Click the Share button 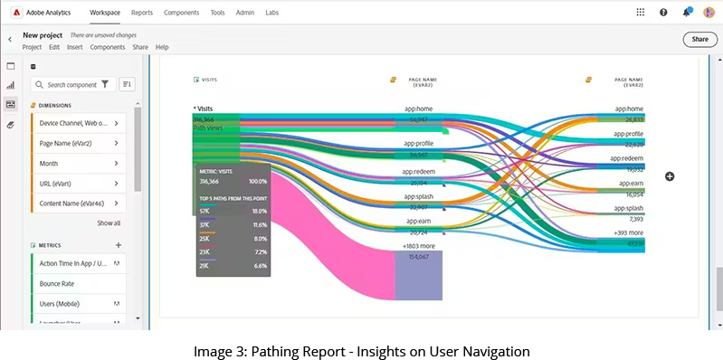click(x=699, y=39)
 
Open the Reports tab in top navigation click(x=141, y=13)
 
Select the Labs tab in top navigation click(x=271, y=13)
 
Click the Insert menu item click(x=74, y=47)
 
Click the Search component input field click(x=71, y=84)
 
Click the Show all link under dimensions click(x=109, y=223)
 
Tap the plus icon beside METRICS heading click(x=119, y=245)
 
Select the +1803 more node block click(x=418, y=276)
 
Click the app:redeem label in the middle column click(x=418, y=171)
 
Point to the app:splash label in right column click(x=629, y=208)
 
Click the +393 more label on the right click(x=629, y=232)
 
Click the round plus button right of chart click(x=670, y=176)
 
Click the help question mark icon click(x=663, y=13)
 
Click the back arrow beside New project click(x=10, y=39)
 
